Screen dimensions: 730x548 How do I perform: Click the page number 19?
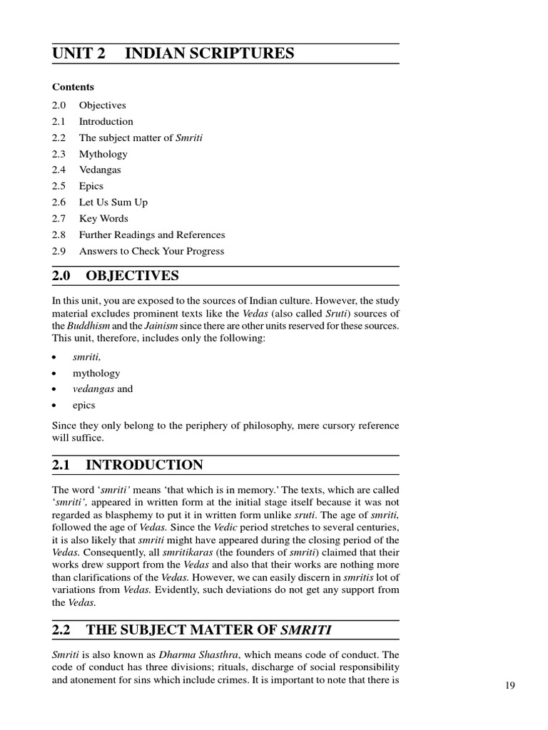pos(509,686)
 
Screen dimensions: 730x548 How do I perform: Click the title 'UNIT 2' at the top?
pos(78,53)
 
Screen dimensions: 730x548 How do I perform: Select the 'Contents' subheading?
pos(73,87)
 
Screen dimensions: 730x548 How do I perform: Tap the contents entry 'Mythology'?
pos(103,154)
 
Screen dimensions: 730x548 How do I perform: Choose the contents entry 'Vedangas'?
pos(100,170)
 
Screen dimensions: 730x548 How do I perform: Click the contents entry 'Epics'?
pos(91,186)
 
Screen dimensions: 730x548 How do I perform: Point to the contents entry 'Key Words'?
pos(103,219)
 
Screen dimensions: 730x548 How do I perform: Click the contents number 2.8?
pos(59,235)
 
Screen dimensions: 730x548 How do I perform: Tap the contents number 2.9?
pos(59,251)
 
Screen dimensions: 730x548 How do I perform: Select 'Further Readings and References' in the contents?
pos(151,235)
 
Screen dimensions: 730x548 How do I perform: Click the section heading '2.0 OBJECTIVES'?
pos(116,276)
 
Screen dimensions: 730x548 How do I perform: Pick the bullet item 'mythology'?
pos(96,373)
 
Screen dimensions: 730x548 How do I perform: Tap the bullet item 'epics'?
pos(83,405)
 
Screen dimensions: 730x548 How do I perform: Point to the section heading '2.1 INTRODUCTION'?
pos(128,466)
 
